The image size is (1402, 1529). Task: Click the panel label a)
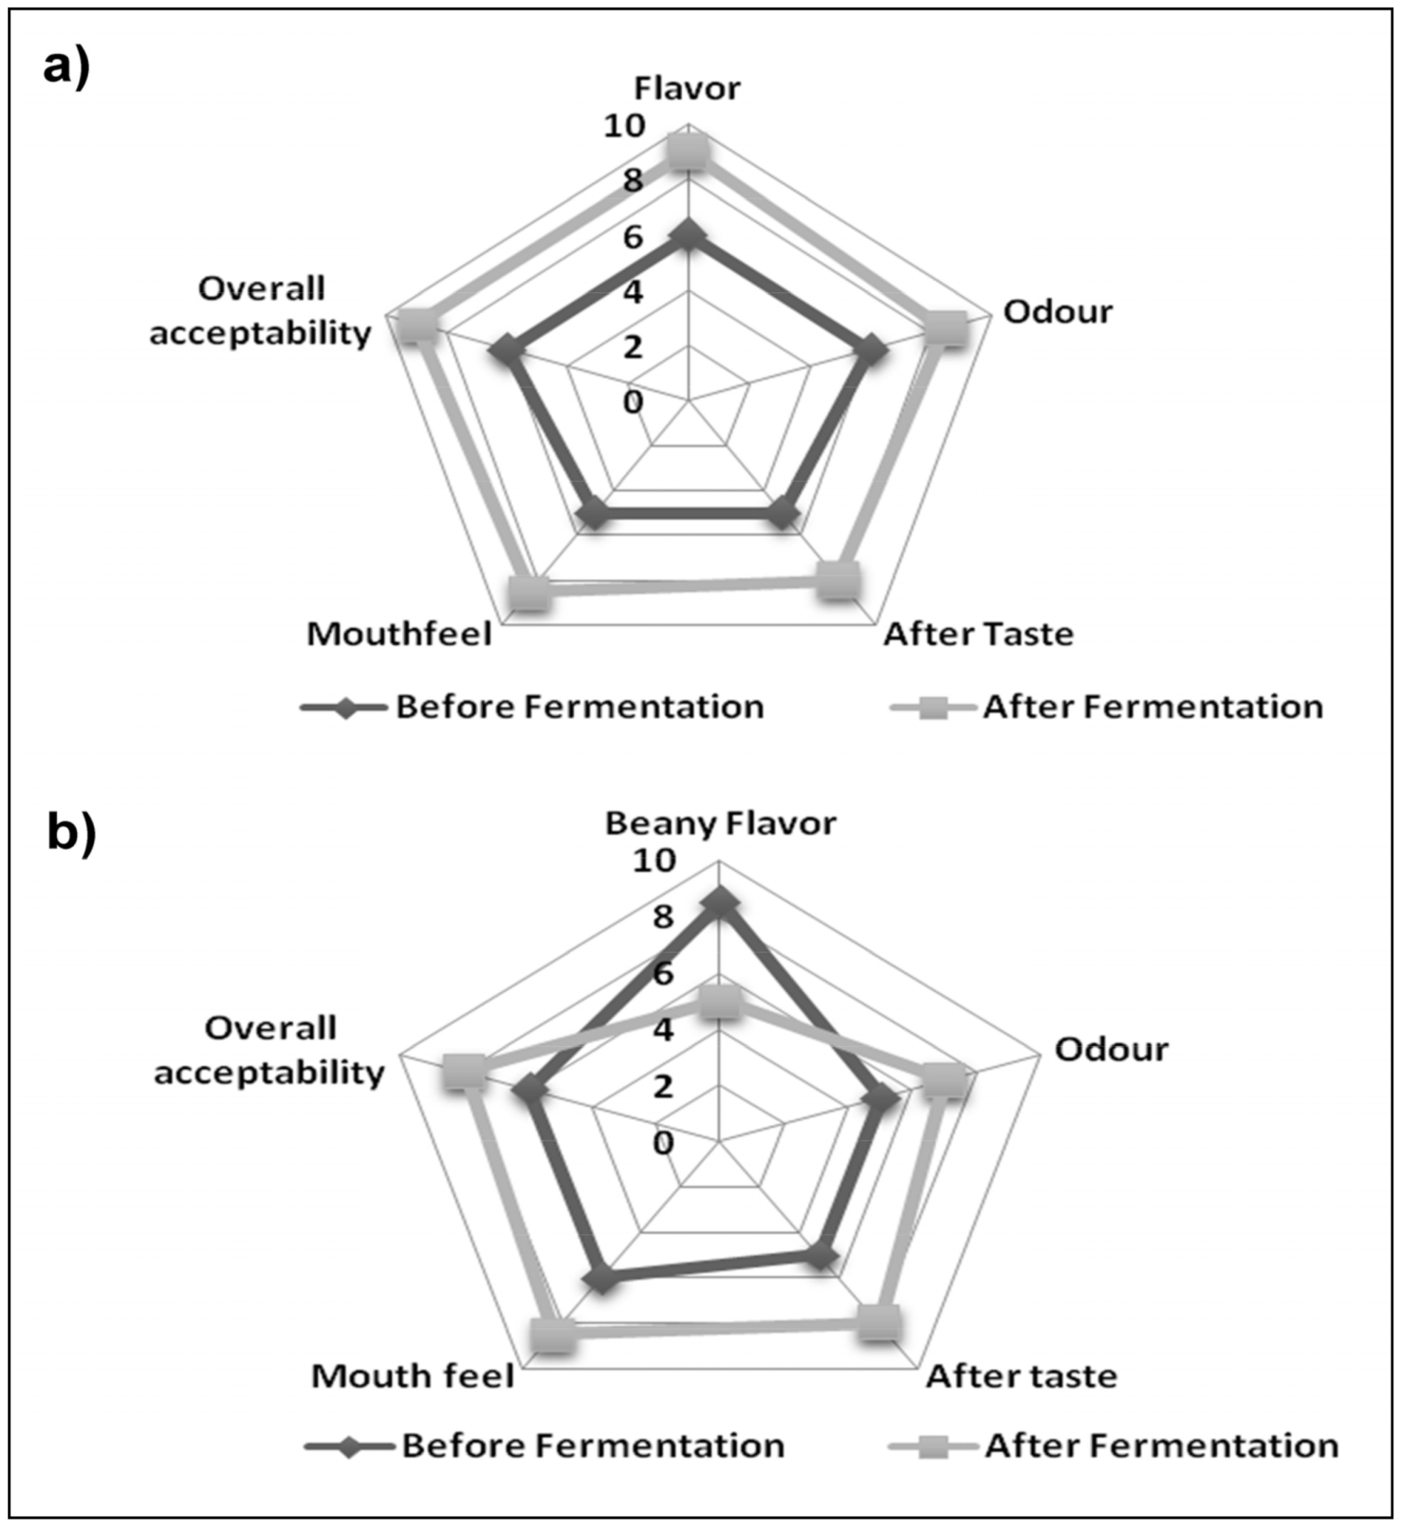67,68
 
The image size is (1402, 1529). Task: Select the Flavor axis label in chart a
687,89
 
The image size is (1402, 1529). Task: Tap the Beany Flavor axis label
720,824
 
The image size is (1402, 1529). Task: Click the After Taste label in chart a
979,634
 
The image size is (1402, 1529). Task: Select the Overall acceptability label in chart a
261,311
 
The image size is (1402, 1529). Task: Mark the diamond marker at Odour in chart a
869,353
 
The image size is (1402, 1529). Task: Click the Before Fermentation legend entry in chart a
531,708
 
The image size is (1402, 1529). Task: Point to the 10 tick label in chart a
624,126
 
